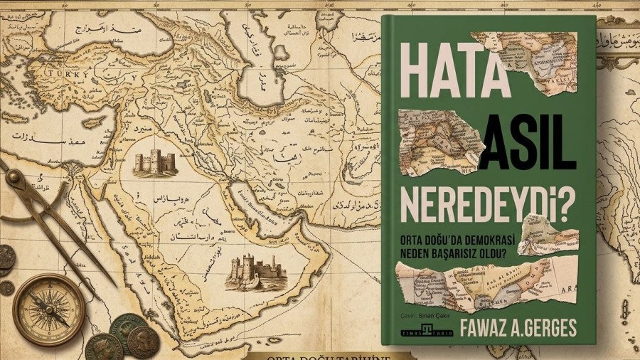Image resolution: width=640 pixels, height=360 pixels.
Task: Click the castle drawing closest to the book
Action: point(247,271)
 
